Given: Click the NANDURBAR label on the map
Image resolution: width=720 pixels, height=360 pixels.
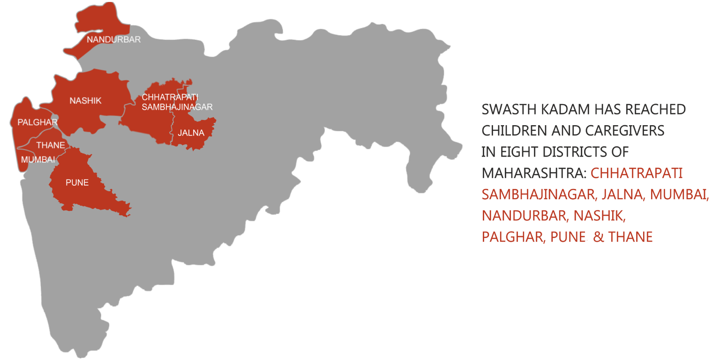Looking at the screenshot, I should (x=113, y=40).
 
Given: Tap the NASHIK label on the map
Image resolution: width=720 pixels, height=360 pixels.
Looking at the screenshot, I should (x=85, y=101).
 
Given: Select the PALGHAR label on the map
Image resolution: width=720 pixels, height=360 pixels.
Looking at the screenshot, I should (x=37, y=122).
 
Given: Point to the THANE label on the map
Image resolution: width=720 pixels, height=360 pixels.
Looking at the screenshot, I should (x=51, y=145).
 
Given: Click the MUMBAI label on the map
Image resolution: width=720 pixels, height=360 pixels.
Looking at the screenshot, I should (x=38, y=159).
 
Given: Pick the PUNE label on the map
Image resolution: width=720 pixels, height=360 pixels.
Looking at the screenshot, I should (x=77, y=183).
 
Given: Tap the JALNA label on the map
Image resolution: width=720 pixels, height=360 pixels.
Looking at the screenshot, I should (x=191, y=133).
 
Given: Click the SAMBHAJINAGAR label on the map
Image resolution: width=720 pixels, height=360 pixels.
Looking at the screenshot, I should (x=177, y=107).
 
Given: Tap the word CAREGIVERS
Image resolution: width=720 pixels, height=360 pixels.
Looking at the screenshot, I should (x=624, y=131).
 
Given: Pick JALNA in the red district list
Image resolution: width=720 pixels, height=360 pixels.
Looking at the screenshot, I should (x=622, y=195).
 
